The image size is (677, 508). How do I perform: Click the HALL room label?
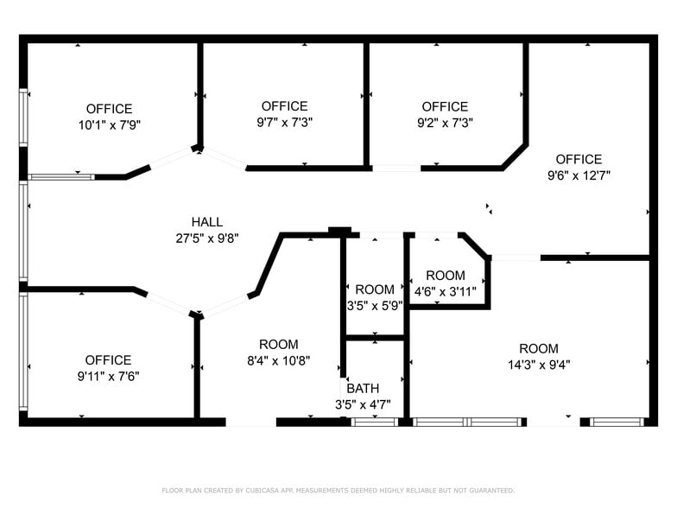(x=207, y=222)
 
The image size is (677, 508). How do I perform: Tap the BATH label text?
(x=363, y=389)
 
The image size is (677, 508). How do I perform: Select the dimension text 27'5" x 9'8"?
(x=207, y=238)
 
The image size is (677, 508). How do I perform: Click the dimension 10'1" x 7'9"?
(x=110, y=124)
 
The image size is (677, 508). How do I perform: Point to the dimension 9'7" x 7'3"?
(x=284, y=123)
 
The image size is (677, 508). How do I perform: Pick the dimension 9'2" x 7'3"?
(x=445, y=123)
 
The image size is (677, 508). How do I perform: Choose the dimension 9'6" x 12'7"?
(x=579, y=175)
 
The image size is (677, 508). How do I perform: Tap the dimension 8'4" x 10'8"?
(x=279, y=360)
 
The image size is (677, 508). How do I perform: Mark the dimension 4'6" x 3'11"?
(x=446, y=291)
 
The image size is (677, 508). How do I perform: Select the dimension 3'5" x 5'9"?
(x=375, y=305)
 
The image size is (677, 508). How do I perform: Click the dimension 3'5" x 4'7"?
(x=363, y=403)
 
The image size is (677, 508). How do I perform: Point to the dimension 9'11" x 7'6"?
(x=109, y=376)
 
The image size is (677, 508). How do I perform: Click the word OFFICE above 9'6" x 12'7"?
(x=579, y=160)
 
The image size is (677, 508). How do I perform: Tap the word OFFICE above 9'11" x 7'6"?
(x=109, y=360)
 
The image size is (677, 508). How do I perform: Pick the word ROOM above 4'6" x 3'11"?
(x=446, y=276)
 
